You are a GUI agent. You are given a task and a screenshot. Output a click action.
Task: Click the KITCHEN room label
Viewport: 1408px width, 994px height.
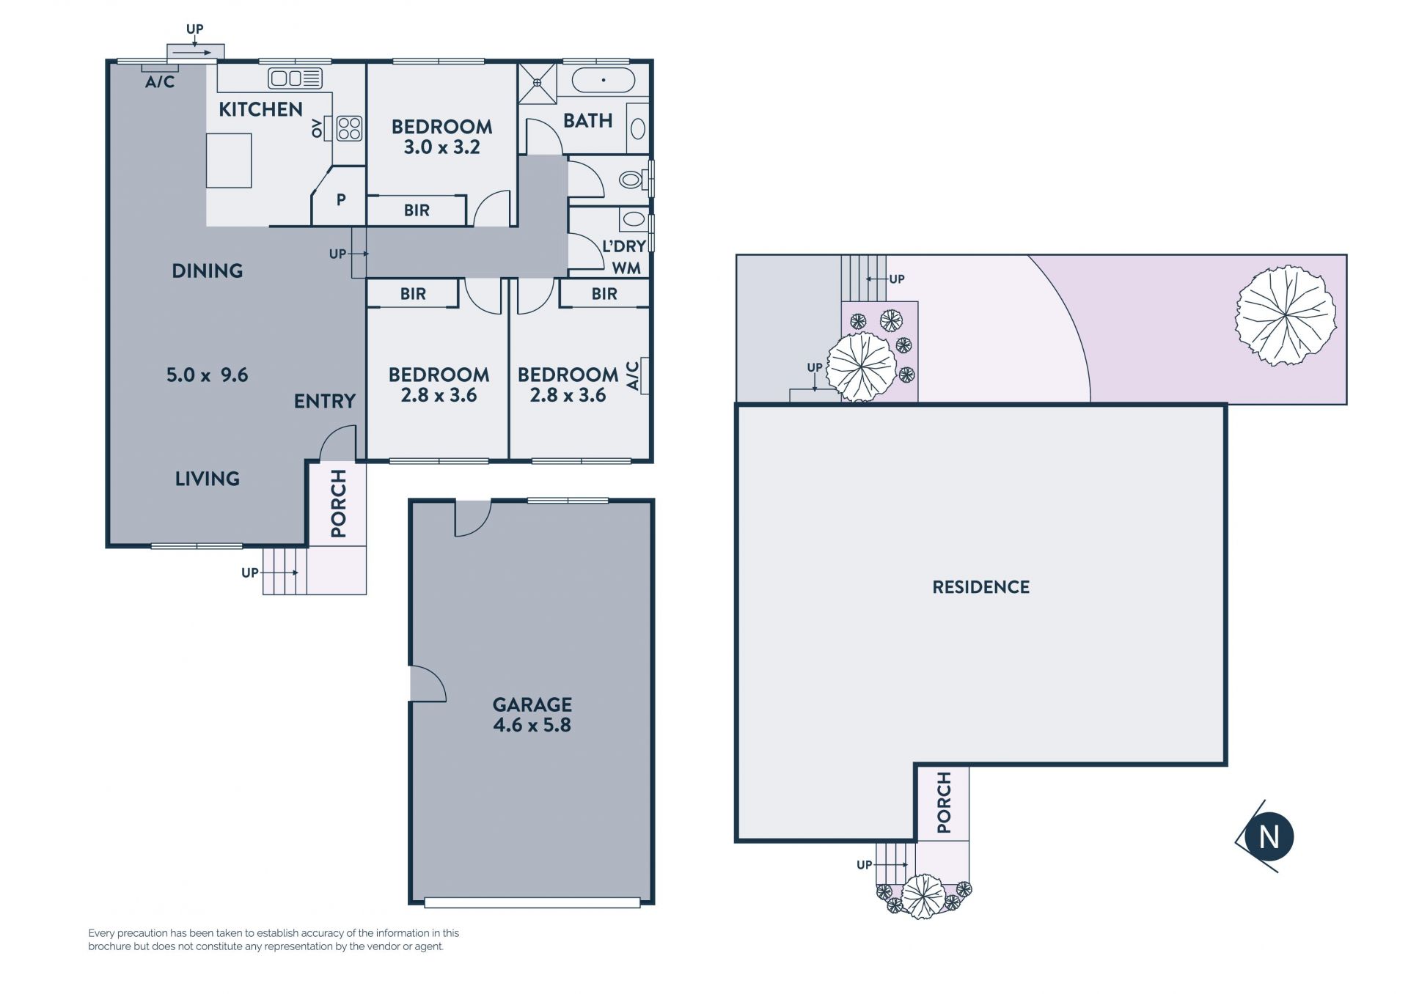[x=260, y=109]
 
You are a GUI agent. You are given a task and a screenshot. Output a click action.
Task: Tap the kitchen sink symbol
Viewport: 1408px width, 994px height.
[x=295, y=78]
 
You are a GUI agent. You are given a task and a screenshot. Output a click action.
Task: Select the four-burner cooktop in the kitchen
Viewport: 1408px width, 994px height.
[x=349, y=128]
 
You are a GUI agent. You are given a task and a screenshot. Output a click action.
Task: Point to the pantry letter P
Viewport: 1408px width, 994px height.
[x=341, y=199]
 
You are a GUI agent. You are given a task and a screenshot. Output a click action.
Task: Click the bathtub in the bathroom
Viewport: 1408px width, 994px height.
[x=603, y=80]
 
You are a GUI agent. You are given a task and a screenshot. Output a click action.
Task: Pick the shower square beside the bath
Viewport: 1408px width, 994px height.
[x=538, y=83]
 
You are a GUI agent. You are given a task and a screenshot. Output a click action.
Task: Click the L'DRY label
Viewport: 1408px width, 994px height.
[x=624, y=246]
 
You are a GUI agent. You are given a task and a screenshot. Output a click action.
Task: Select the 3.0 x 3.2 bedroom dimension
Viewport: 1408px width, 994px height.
[x=441, y=147]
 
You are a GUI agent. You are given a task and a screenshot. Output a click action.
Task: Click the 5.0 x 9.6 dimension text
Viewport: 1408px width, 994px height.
[x=207, y=375]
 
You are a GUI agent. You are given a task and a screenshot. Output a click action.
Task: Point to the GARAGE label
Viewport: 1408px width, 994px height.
[x=532, y=705]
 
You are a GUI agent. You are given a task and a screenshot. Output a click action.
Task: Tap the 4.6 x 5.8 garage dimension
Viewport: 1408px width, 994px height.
[x=532, y=725]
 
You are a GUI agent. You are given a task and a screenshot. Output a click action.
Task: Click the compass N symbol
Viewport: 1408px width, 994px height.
[x=1268, y=836]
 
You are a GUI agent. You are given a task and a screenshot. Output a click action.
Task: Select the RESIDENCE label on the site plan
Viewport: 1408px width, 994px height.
[x=980, y=587]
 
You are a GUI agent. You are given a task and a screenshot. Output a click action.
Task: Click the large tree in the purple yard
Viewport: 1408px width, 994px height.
[x=1286, y=316]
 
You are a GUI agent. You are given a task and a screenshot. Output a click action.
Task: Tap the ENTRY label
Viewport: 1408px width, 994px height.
[x=324, y=401]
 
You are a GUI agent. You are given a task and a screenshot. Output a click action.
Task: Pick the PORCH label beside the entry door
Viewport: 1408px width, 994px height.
[x=338, y=504]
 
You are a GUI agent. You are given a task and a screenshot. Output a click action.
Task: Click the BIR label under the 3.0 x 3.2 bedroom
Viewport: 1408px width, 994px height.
[x=417, y=211]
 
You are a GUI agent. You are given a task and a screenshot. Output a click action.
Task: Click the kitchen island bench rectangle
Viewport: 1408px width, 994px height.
[x=229, y=161]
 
